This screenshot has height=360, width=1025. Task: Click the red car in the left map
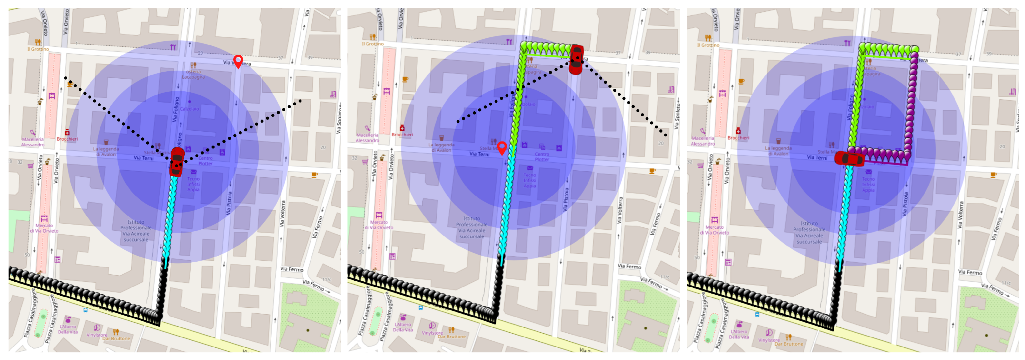click(177, 161)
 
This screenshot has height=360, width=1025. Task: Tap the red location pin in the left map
click(238, 61)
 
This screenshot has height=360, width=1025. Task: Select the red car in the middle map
click(576, 60)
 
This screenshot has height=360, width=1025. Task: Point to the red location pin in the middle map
click(502, 147)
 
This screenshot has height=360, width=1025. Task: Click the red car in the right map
click(849, 158)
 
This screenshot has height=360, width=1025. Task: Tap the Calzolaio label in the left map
click(189, 108)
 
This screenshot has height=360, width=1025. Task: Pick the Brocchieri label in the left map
click(67, 139)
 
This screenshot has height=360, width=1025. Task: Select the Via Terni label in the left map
click(143, 158)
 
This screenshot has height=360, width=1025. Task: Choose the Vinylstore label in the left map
click(97, 335)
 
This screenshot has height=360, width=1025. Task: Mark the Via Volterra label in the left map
click(283, 213)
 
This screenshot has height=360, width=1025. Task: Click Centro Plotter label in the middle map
click(542, 157)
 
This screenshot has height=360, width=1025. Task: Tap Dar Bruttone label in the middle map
click(451, 336)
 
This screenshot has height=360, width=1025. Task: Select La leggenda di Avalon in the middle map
click(441, 147)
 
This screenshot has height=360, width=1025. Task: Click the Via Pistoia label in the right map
click(906, 204)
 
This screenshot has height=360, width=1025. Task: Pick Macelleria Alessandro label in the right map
click(703, 141)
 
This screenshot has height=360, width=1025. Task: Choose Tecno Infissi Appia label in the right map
click(868, 185)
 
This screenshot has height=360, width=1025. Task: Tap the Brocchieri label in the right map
click(738, 138)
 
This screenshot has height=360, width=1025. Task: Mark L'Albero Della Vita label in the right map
click(738, 334)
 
